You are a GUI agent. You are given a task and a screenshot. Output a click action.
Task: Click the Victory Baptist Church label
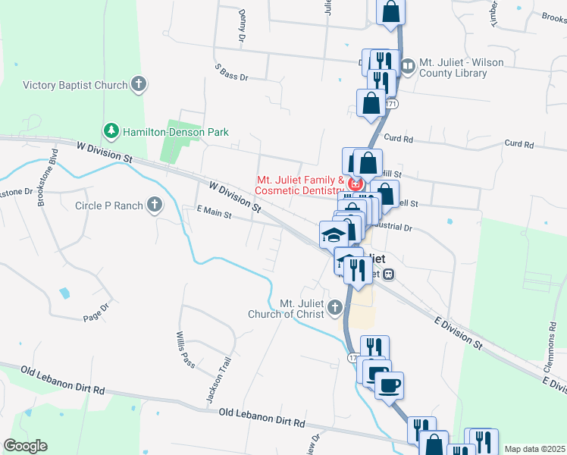[x=75, y=85]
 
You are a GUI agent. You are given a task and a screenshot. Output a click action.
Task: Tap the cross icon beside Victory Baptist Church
[x=139, y=84]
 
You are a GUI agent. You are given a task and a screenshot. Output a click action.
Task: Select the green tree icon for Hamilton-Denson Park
[x=112, y=131]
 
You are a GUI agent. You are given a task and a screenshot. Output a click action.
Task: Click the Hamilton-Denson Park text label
[x=176, y=132]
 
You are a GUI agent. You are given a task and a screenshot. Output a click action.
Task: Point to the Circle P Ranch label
[x=109, y=205]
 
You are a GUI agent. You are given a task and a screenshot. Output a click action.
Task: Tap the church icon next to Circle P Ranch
[x=155, y=204]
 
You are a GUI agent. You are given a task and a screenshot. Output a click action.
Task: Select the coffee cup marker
[x=389, y=384]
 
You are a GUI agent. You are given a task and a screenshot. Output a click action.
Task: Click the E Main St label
[x=213, y=214]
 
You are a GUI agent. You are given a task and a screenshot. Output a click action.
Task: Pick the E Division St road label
[x=457, y=334]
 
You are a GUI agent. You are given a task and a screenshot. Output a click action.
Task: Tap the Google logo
[x=25, y=446]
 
